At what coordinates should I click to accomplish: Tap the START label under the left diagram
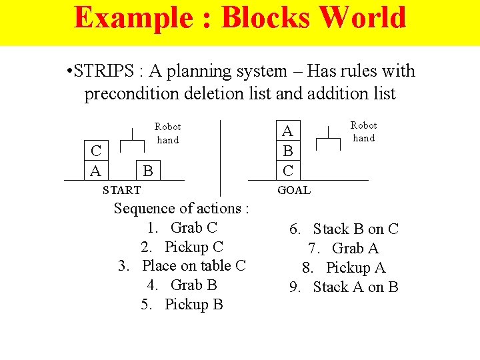coord(121,190)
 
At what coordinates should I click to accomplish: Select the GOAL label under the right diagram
coord(294,190)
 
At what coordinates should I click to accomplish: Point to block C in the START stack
coord(96,153)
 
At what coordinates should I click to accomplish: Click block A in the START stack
coord(96,171)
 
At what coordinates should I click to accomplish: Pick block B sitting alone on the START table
coord(148,171)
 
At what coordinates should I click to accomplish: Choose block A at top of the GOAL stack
coord(287,132)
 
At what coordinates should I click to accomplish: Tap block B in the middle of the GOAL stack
coord(287,151)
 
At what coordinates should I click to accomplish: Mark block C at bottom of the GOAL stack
coord(287,171)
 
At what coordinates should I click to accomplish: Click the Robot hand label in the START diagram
coord(167,133)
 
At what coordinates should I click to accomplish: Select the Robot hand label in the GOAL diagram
coord(363,131)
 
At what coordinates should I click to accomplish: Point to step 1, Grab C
coord(182,227)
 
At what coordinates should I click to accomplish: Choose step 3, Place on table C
coord(182,265)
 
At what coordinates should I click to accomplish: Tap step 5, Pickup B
coord(182,304)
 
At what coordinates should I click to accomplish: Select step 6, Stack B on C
coord(344,229)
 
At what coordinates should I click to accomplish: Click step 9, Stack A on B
coord(344,287)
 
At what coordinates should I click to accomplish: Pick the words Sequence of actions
coord(182,208)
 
